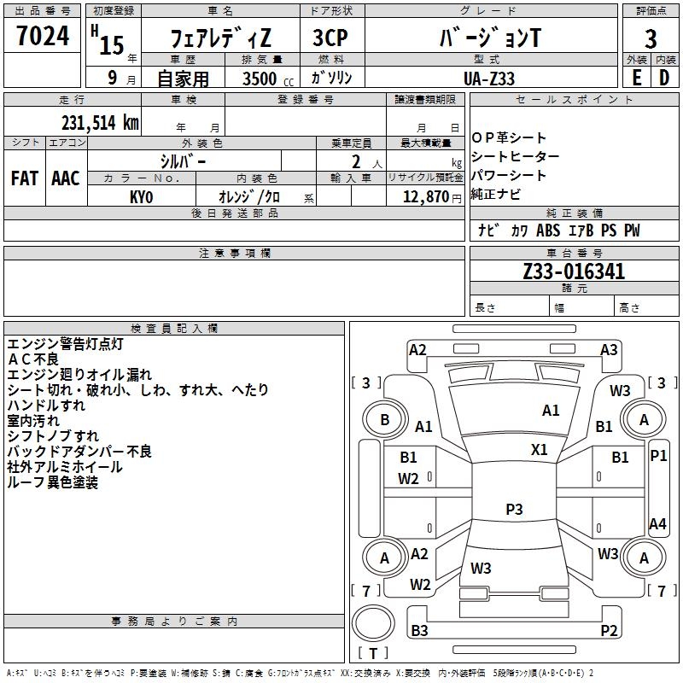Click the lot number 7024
pos(42,36)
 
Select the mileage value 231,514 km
pos(99,122)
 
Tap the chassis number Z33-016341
pos(574,272)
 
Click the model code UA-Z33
pos(489,77)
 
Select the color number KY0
pos(142,196)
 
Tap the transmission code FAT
pos(25,178)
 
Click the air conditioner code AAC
pos(66,178)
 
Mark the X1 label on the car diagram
pos(540,449)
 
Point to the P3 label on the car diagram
pos(514,509)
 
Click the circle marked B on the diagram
pos(384,419)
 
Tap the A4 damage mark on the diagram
pos(657,523)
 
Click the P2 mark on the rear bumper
pos(609,631)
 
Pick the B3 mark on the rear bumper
pos(419,631)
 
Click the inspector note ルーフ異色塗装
pos(52,482)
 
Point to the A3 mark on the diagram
pos(609,349)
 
